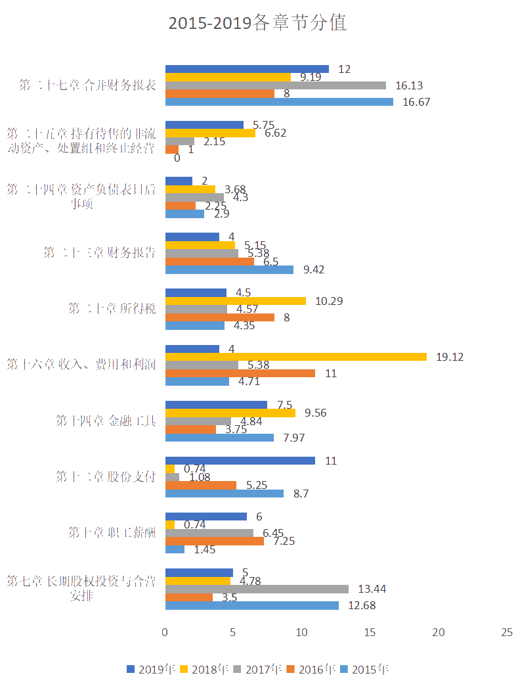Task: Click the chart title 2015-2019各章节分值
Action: pyautogui.click(x=257, y=23)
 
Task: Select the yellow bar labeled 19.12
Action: pyautogui.click(x=295, y=357)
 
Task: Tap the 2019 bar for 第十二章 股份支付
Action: pyautogui.click(x=240, y=461)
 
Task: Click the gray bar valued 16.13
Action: pyautogui.click(x=275, y=85)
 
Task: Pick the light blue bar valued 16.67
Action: pyautogui.click(x=279, y=102)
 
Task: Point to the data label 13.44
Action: pyautogui.click(x=372, y=589)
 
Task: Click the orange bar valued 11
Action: pyautogui.click(x=240, y=373)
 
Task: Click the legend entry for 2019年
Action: pyautogui.click(x=151, y=670)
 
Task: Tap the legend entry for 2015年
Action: pyautogui.click(x=364, y=670)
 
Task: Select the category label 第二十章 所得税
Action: pyautogui.click(x=112, y=308)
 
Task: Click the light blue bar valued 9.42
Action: pyautogui.click(x=229, y=269)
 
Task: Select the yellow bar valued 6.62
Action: pyautogui.click(x=210, y=133)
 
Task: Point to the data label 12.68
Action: pyautogui.click(x=361, y=605)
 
